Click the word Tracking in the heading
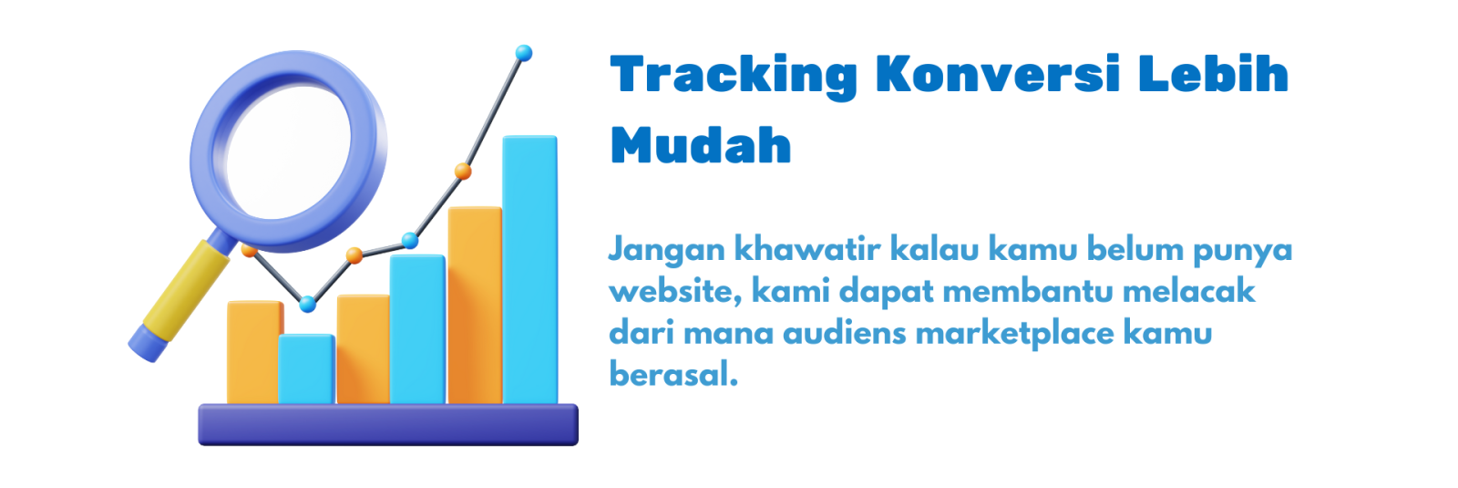(734, 77)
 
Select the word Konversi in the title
(998, 73)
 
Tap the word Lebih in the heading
(1213, 73)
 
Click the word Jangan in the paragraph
(666, 251)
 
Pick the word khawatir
(807, 249)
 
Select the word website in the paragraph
(675, 292)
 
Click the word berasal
(673, 374)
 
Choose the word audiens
(845, 334)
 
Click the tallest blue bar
(529, 270)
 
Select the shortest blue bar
(306, 369)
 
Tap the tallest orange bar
(475, 306)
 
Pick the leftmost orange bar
(254, 352)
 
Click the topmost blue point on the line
(523, 54)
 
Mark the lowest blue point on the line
(307, 304)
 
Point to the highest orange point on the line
(463, 171)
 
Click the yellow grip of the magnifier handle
(186, 291)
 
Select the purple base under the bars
(388, 425)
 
